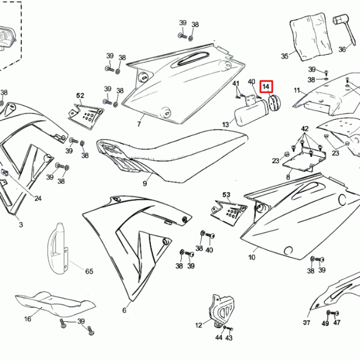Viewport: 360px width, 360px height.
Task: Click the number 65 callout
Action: (x=89, y=271)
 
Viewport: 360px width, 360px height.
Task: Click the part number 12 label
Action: (x=199, y=325)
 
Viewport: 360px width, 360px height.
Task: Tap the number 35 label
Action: (x=285, y=56)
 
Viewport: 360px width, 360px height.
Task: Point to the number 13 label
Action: (x=226, y=124)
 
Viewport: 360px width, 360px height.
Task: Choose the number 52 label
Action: (x=80, y=96)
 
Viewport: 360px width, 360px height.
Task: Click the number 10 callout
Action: (x=251, y=257)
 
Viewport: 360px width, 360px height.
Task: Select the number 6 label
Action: (x=124, y=310)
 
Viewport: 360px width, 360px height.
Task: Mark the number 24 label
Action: (x=38, y=198)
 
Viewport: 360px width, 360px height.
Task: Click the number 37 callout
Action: (x=307, y=323)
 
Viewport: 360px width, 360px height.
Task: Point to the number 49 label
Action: (x=325, y=323)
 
